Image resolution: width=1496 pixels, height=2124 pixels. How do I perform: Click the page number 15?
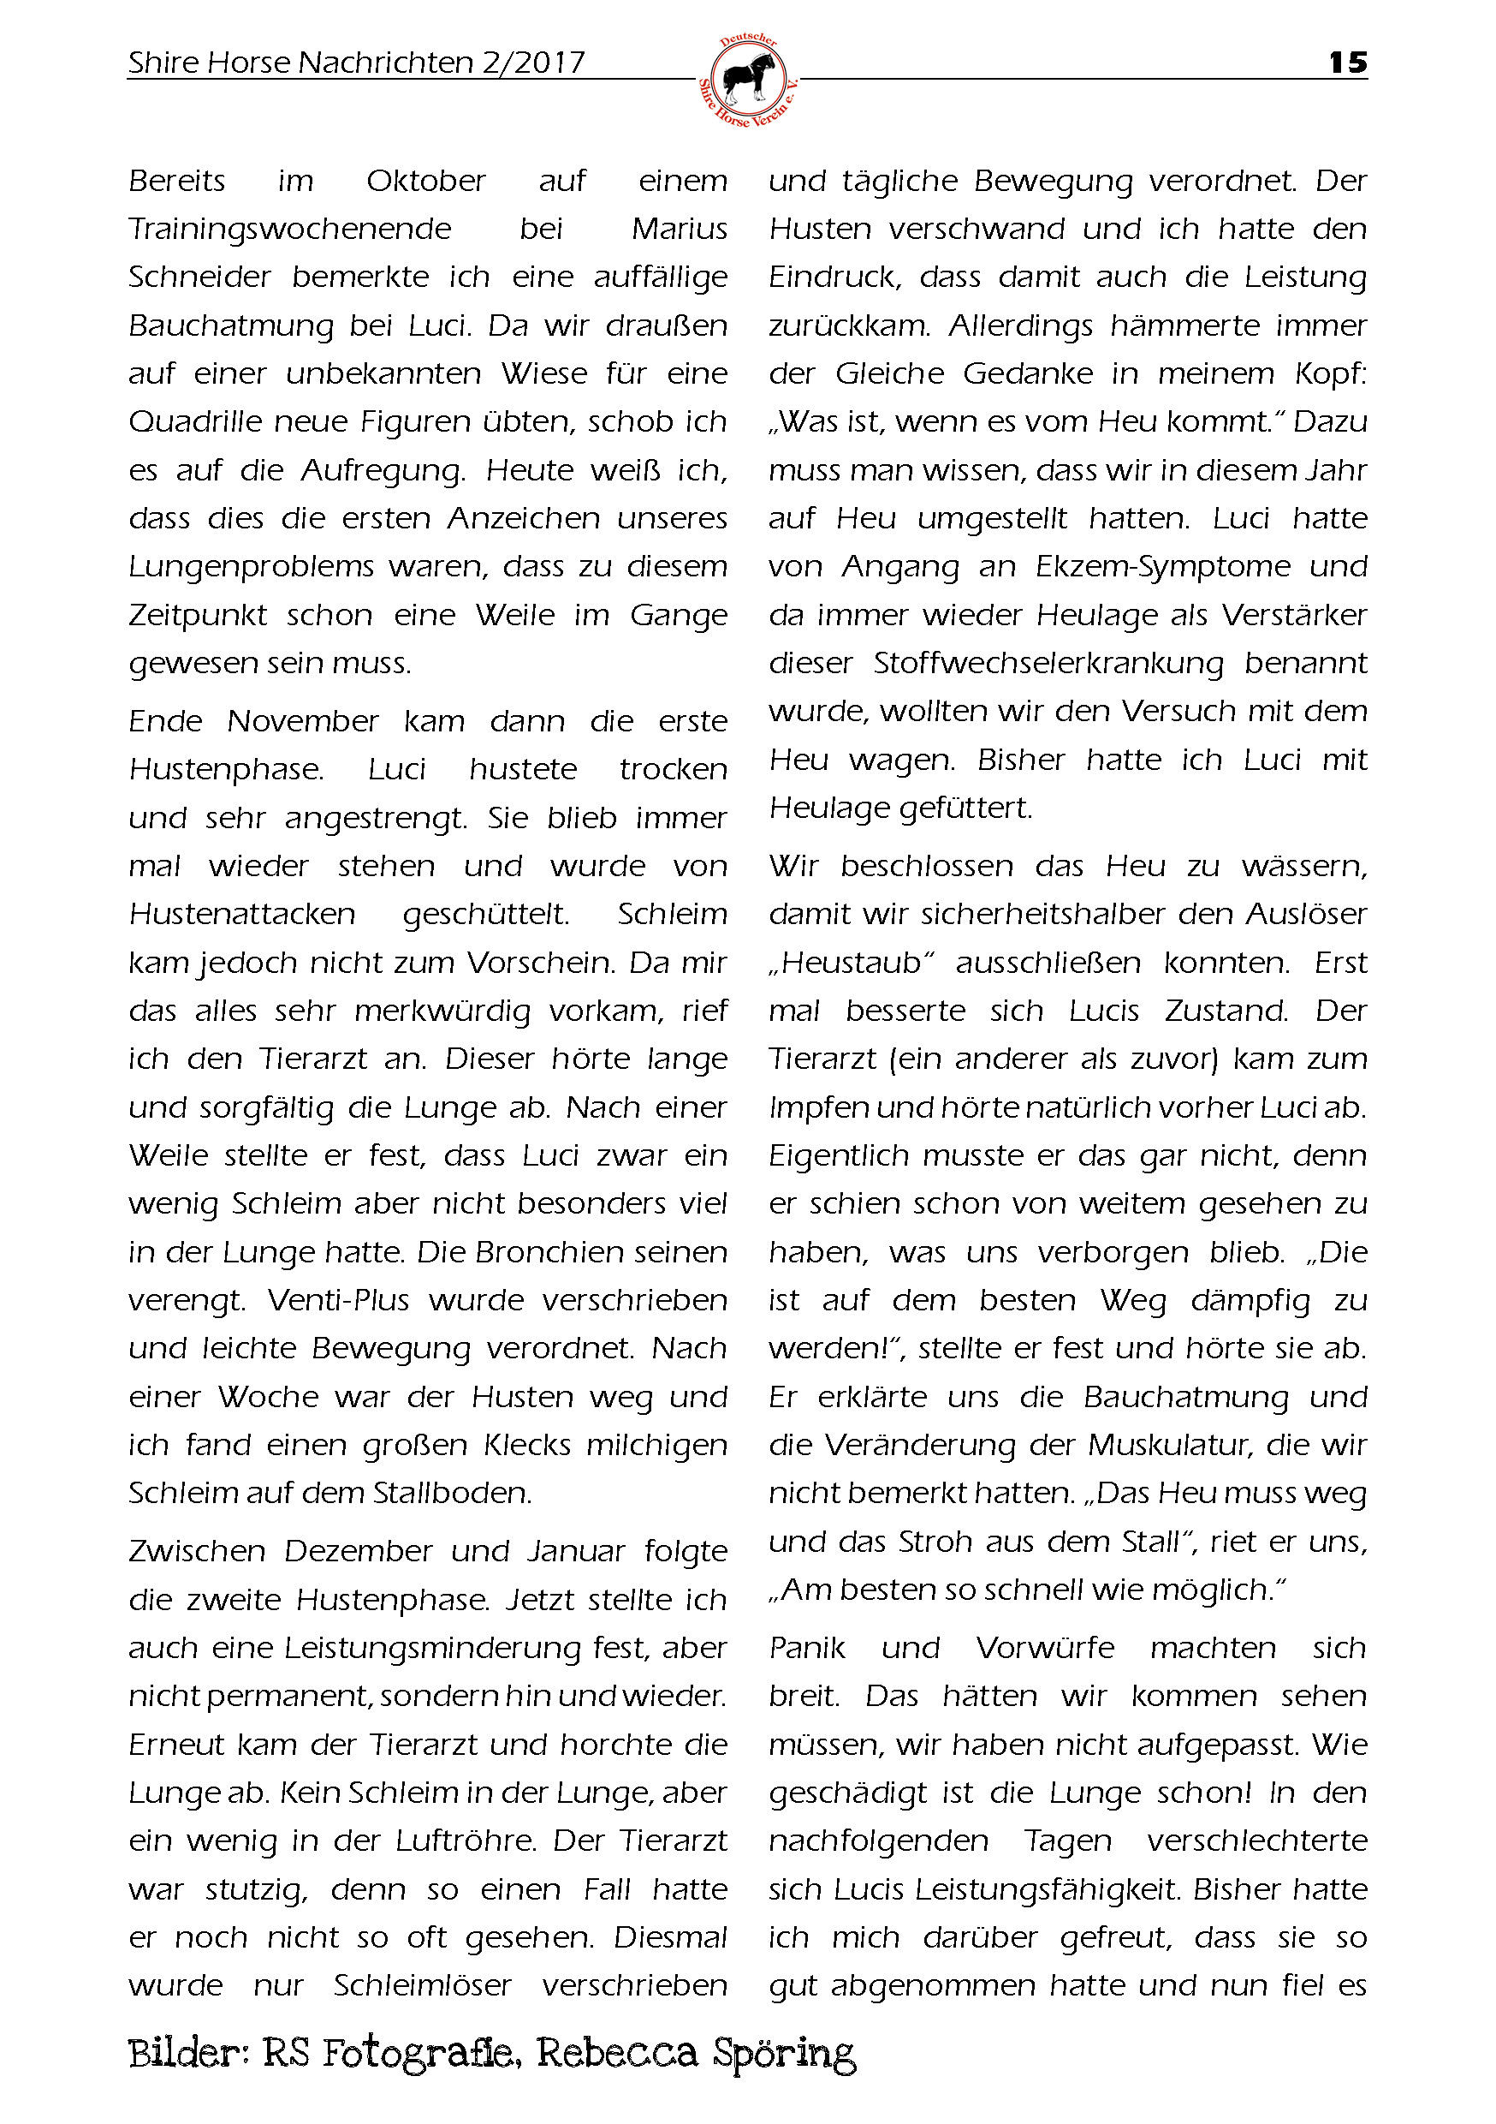click(x=1347, y=63)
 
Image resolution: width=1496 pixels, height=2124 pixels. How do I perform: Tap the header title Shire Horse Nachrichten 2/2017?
click(x=356, y=63)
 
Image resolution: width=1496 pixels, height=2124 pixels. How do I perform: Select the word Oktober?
click(x=425, y=182)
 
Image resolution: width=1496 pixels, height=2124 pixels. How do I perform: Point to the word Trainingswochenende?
click(x=289, y=230)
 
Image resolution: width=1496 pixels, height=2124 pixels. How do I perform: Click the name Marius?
click(x=679, y=230)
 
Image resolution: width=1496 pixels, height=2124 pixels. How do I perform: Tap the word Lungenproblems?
click(x=251, y=567)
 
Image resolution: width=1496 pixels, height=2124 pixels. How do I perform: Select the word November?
click(x=302, y=722)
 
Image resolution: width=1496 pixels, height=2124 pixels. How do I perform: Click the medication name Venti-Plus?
click(x=337, y=1301)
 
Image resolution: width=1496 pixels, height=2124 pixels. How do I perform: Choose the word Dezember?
click(x=358, y=1551)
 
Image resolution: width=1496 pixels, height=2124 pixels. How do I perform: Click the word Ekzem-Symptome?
click(x=1162, y=567)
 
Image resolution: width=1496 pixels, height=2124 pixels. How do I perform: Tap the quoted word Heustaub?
click(x=851, y=963)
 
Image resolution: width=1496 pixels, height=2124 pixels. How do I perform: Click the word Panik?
click(x=806, y=1649)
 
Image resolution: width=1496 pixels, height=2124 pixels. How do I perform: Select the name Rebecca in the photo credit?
click(x=616, y=2053)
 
